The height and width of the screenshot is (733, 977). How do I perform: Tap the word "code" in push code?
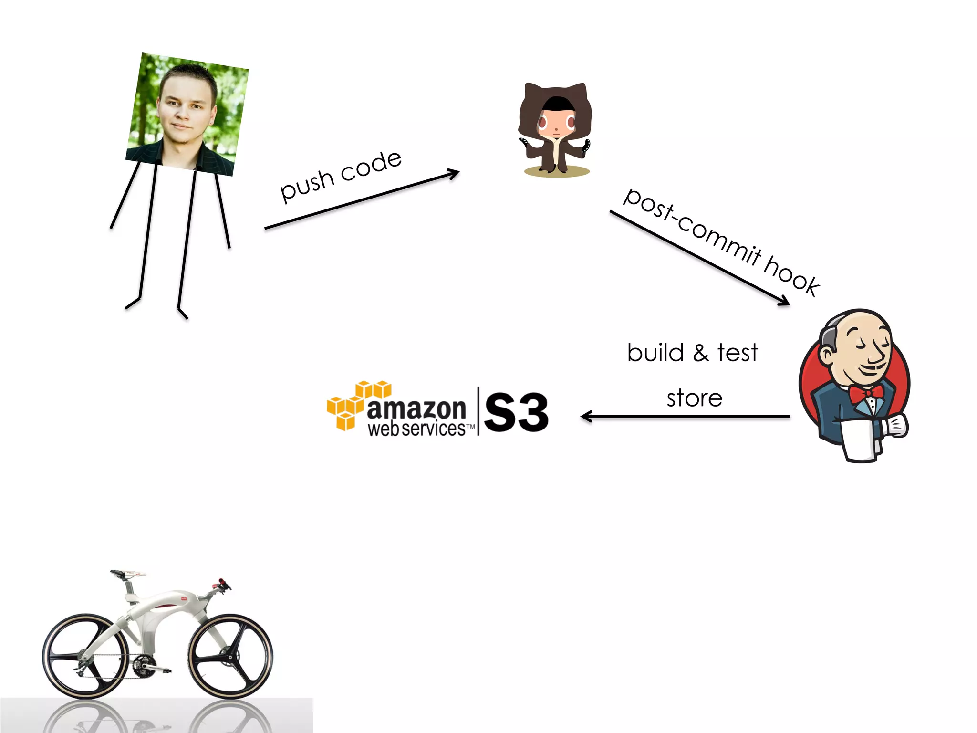(371, 165)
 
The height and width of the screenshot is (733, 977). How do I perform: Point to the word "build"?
(655, 353)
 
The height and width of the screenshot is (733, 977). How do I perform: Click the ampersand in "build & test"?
(700, 354)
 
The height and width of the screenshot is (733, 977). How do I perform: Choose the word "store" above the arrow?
(695, 398)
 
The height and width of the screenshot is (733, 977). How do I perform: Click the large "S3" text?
(516, 412)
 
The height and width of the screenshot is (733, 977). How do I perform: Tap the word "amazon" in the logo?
(416, 409)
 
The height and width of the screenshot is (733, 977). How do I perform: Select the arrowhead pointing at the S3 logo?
(585, 417)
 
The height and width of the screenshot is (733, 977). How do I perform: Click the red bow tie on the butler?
(865, 394)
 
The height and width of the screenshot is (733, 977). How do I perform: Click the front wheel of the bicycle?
(230, 656)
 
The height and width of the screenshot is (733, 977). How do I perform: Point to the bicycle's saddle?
(128, 573)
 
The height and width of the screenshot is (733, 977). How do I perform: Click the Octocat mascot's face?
(556, 122)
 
